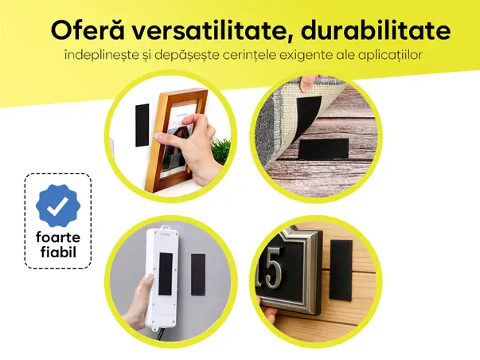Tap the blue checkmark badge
point(58,205)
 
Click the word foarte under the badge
point(58,237)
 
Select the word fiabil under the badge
point(58,253)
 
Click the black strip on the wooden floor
point(323,148)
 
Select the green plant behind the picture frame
point(220,151)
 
